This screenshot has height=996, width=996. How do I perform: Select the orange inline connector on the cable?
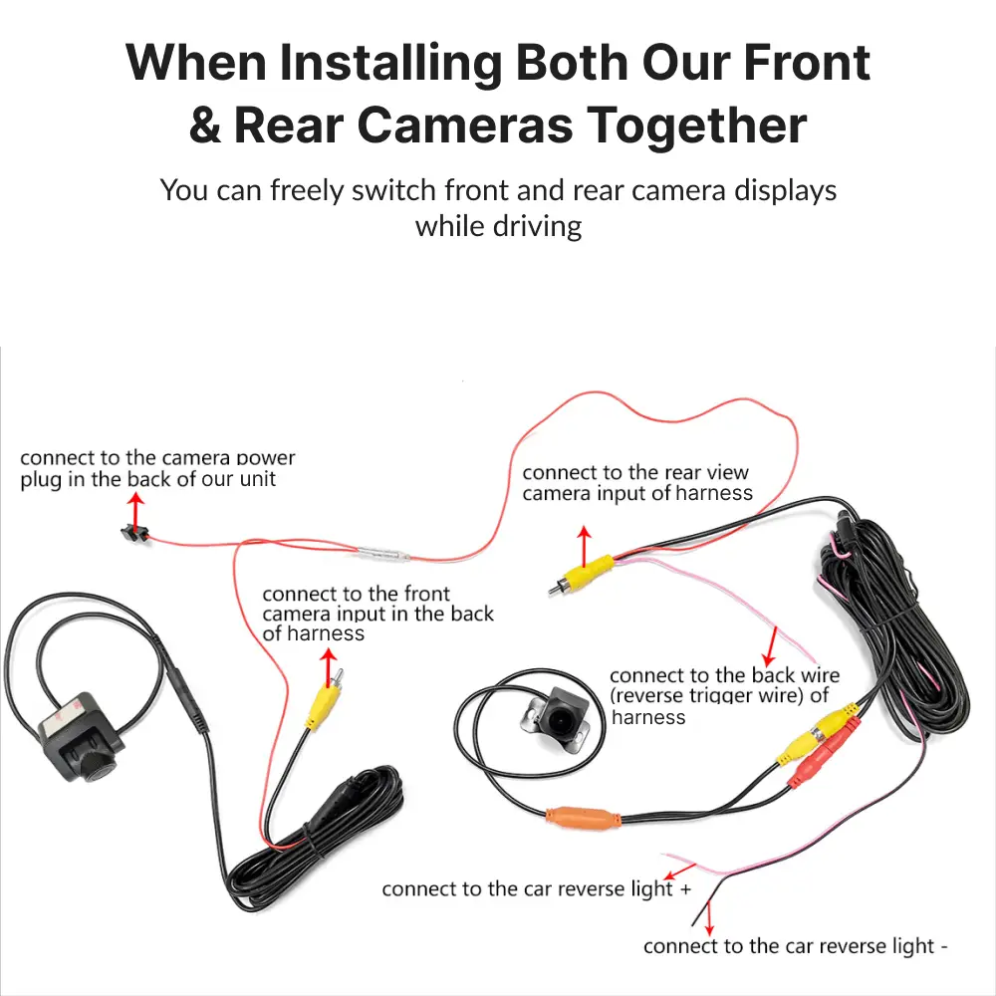point(583,818)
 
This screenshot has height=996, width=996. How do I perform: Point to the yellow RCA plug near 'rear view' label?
point(582,574)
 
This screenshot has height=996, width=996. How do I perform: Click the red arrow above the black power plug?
point(134,512)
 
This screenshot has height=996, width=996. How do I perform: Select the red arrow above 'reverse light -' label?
point(709,918)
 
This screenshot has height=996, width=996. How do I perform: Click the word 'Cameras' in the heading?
point(465,125)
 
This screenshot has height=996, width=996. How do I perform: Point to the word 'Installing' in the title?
point(390,64)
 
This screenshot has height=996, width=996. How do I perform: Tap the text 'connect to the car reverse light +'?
point(536,888)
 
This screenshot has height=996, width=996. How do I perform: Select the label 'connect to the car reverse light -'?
point(795,946)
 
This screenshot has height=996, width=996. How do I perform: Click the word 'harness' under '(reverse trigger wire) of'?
point(648,717)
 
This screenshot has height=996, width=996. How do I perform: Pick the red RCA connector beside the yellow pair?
point(822,754)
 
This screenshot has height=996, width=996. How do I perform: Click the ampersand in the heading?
point(204,125)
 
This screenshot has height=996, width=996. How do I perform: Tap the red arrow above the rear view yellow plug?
point(585,546)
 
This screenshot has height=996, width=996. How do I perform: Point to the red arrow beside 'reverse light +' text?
point(679,871)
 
